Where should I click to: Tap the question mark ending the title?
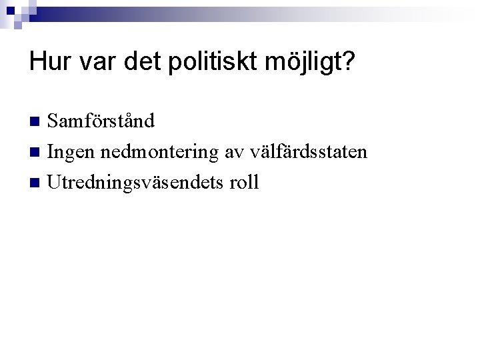click(348, 63)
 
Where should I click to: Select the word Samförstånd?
click(101, 121)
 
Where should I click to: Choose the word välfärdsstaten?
click(308, 151)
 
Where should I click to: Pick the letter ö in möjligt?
click(281, 63)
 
